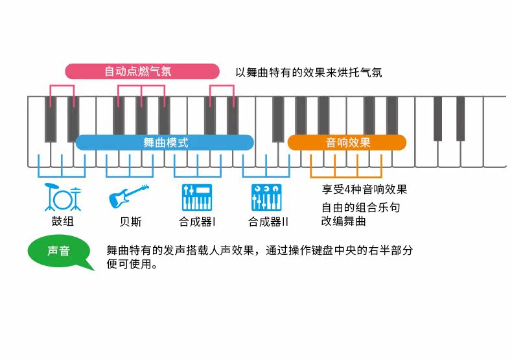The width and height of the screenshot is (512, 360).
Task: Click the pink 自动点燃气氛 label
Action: pos(142,71)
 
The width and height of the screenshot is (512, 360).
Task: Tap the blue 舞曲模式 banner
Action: pos(165,143)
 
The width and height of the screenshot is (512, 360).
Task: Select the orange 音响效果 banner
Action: pos(347,143)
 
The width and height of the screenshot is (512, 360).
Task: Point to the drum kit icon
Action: pos(62,197)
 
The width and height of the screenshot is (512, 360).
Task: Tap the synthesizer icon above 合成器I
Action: pos(197,197)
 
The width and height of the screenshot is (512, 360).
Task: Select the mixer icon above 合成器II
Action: pos(266,197)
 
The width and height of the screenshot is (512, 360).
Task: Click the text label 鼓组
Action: pos(63,222)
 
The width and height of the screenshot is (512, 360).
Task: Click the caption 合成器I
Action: pos(197,222)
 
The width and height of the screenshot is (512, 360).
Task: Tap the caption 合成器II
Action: pos(268,222)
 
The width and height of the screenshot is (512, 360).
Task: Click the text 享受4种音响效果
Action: pos(364,189)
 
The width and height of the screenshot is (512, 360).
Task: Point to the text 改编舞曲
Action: pos(343,221)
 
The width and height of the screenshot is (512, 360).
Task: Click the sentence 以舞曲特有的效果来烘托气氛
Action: pos(308,72)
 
